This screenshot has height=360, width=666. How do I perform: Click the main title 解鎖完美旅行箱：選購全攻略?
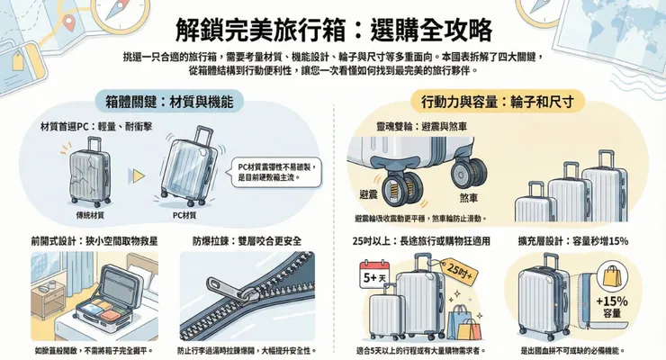[x=333, y=29]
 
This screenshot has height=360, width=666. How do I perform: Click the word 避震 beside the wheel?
[x=369, y=194]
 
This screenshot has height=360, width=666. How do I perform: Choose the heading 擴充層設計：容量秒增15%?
[x=573, y=240]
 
